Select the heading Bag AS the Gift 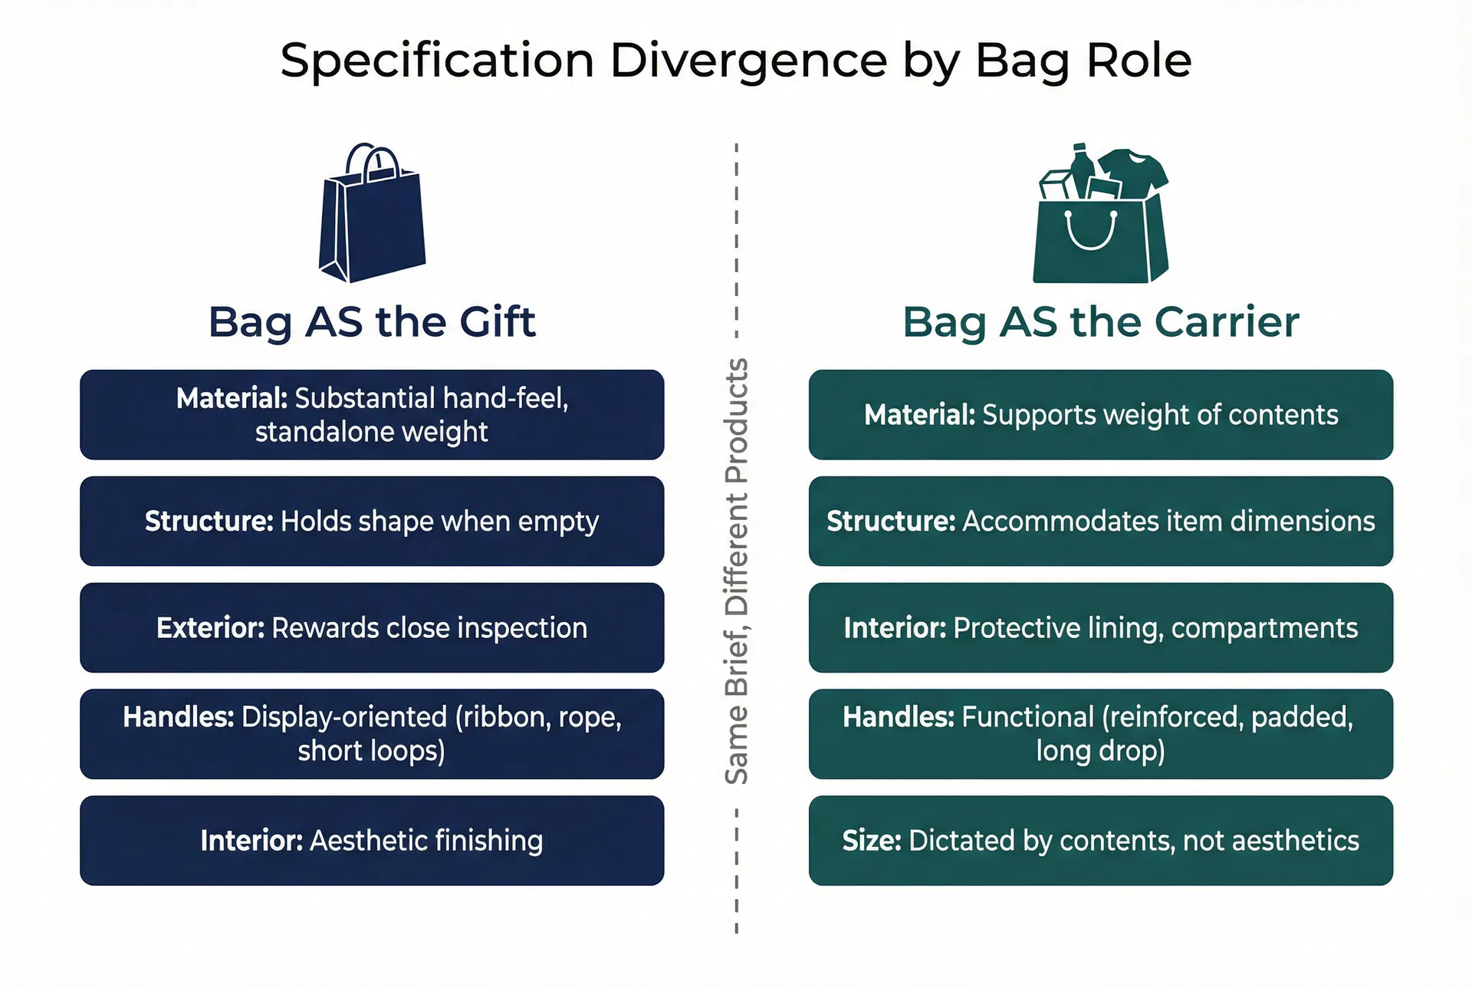pos(372,321)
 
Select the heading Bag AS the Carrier pos(1101,321)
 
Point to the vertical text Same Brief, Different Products pos(737,571)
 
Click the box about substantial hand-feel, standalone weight pos(372,415)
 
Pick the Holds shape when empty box pos(372,522)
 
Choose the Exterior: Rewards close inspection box pos(372,627)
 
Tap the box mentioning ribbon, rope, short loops pos(372,734)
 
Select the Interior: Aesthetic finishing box pos(372,841)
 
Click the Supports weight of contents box pos(1101,415)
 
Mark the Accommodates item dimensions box pos(1101,522)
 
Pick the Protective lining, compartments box pos(1101,627)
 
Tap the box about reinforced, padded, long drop pos(1101,734)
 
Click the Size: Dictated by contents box pos(1101,841)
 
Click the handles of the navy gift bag pos(373,160)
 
